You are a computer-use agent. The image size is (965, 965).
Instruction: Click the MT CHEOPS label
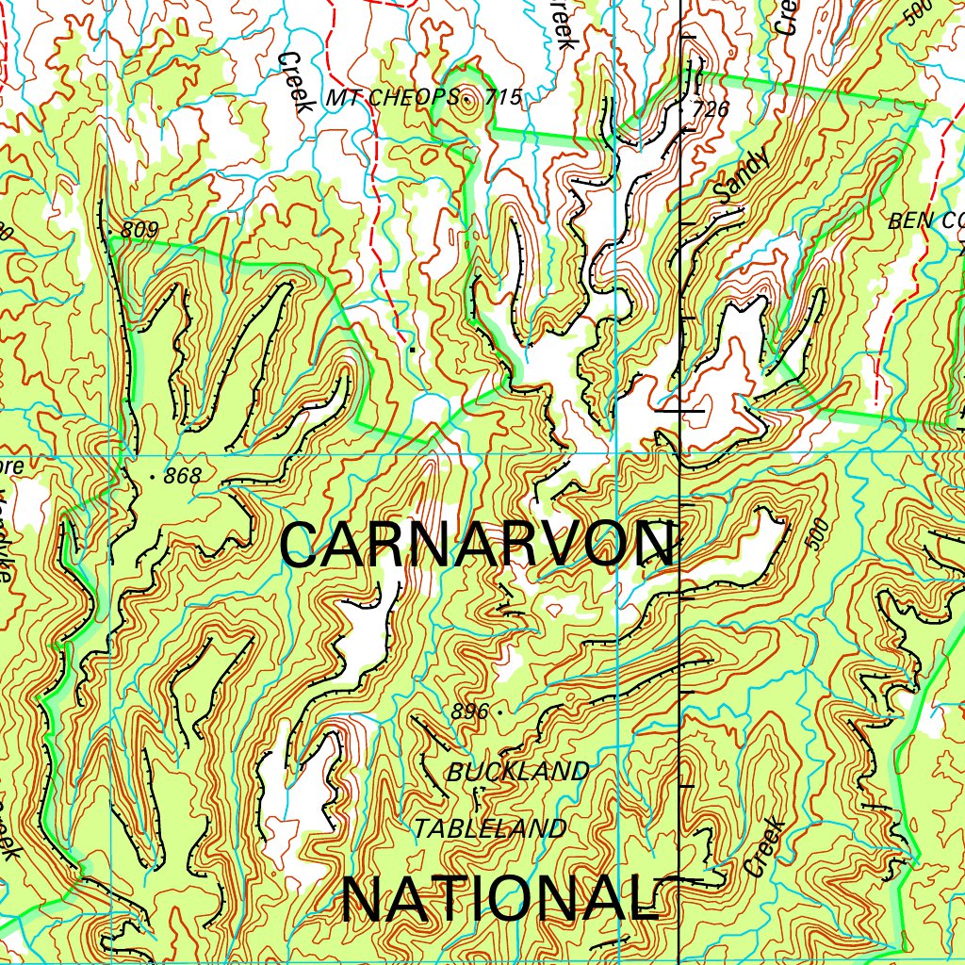(x=391, y=97)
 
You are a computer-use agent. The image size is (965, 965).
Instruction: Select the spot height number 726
(x=711, y=109)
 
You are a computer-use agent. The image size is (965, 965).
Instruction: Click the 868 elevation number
(x=182, y=477)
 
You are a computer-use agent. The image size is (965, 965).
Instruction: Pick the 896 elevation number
(x=469, y=712)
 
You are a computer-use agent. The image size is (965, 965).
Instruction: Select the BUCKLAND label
(x=517, y=772)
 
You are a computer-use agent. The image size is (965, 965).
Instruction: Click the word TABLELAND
(x=491, y=828)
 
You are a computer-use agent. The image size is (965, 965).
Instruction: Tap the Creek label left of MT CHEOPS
(x=294, y=82)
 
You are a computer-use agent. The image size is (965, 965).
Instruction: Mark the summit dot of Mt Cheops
(x=466, y=96)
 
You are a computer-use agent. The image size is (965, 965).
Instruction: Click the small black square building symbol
(x=411, y=350)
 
